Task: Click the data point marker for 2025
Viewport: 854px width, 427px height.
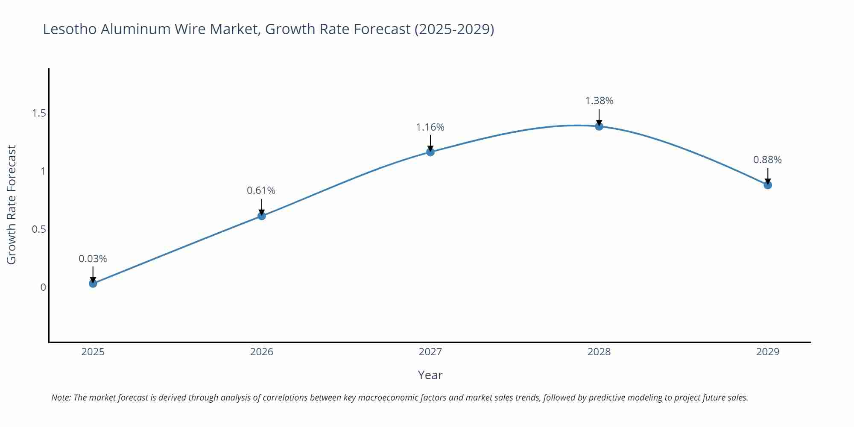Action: tap(93, 284)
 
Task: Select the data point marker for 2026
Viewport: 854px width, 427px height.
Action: tap(262, 216)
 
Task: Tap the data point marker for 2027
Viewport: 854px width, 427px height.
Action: tap(430, 152)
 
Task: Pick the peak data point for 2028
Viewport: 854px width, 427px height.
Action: tap(599, 126)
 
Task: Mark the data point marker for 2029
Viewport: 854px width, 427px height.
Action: tap(768, 185)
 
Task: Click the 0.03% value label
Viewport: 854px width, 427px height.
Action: tap(93, 259)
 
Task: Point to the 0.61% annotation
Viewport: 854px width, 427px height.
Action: tap(261, 190)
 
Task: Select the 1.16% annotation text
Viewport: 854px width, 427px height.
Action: tap(430, 127)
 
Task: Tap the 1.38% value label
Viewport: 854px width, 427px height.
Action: tap(599, 101)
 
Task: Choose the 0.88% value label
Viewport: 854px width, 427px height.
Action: tap(767, 160)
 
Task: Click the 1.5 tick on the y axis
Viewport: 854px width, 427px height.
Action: tap(39, 113)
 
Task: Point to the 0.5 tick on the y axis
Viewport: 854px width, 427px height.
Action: tap(39, 229)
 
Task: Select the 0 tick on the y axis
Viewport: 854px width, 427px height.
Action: tap(43, 287)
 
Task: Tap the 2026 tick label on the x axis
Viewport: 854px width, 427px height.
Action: tap(262, 352)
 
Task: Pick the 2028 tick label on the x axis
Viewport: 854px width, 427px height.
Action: tap(599, 352)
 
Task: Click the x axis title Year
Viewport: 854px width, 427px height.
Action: tap(430, 375)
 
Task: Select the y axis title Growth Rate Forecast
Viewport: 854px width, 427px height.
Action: tap(12, 205)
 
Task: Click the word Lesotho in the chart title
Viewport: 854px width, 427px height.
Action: tap(70, 29)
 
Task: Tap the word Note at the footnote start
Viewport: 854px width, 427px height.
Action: tap(61, 398)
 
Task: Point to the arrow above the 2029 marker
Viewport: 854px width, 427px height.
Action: tap(768, 175)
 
